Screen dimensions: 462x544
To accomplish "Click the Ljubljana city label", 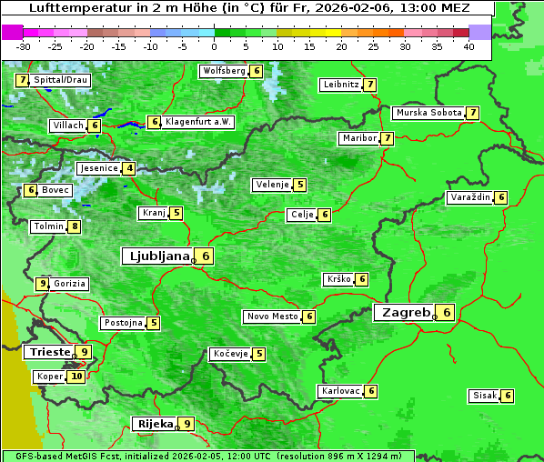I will pos(156,256).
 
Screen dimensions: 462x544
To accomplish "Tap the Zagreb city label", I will pos(405,313).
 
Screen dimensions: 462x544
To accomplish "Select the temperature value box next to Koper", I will pos(76,377).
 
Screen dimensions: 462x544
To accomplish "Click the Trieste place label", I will pos(48,352).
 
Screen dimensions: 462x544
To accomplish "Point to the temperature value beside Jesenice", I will pos(130,168).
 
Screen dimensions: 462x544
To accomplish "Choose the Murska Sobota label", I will pos(428,113).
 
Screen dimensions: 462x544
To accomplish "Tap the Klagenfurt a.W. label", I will pos(198,122).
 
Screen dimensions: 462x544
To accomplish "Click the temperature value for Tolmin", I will pos(75,226).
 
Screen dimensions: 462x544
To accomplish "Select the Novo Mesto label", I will pos(272,316).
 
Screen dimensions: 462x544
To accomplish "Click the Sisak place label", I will pos(483,396).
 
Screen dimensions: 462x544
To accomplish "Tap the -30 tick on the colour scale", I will pos(24,45).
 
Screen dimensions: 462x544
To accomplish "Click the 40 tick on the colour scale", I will pos(468,45).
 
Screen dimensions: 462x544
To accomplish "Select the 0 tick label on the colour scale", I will pos(215,45).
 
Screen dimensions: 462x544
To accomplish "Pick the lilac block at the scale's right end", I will pos(480,32).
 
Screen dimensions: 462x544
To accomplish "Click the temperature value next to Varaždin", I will pos(501,197).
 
